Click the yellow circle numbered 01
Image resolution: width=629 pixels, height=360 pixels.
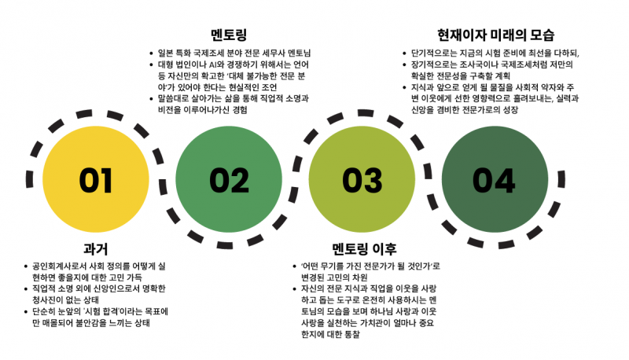(96, 179)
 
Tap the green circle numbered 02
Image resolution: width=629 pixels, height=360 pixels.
(229, 179)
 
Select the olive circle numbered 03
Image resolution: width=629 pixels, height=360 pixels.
(362, 179)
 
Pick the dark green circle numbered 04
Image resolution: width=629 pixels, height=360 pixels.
(495, 179)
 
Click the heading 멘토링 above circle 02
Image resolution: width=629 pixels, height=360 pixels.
(229, 35)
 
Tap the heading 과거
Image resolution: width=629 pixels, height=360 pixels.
(96, 249)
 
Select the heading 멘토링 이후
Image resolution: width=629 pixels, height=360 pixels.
(364, 249)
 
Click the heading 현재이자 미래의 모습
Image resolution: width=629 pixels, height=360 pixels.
(495, 35)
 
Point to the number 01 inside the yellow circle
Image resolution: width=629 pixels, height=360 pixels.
(95, 181)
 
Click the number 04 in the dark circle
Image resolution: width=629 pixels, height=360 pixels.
(494, 181)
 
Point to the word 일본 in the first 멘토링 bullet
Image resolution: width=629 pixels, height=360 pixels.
(165, 53)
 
